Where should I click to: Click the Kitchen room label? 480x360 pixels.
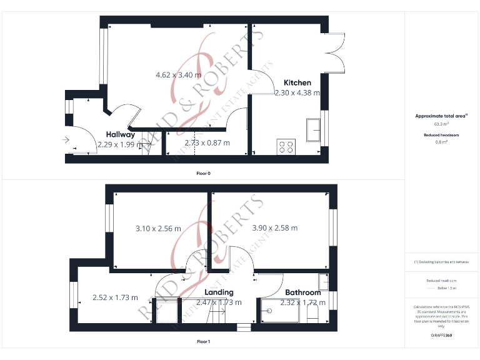(297, 82)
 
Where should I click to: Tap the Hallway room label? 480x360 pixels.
(120, 134)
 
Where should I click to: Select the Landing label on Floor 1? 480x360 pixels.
(219, 292)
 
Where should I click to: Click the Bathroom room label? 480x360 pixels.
(303, 292)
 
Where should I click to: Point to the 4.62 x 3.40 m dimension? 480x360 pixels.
(178, 75)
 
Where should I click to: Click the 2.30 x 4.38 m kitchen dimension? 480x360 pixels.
(297, 92)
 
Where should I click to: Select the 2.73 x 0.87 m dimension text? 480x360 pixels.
(207, 142)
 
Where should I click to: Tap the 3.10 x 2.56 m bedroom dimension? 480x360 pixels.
(158, 228)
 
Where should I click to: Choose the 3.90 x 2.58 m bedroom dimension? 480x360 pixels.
(274, 228)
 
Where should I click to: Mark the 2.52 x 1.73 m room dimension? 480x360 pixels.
(115, 297)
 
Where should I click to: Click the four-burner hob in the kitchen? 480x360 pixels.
(286, 146)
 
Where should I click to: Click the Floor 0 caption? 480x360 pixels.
(203, 173)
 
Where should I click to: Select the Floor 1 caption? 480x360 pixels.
(203, 342)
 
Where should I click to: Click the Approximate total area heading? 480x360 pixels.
(441, 116)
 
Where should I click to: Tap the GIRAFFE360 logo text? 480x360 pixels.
(441, 336)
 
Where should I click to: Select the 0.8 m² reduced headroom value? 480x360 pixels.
(441, 142)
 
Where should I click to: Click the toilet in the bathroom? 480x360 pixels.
(313, 310)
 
